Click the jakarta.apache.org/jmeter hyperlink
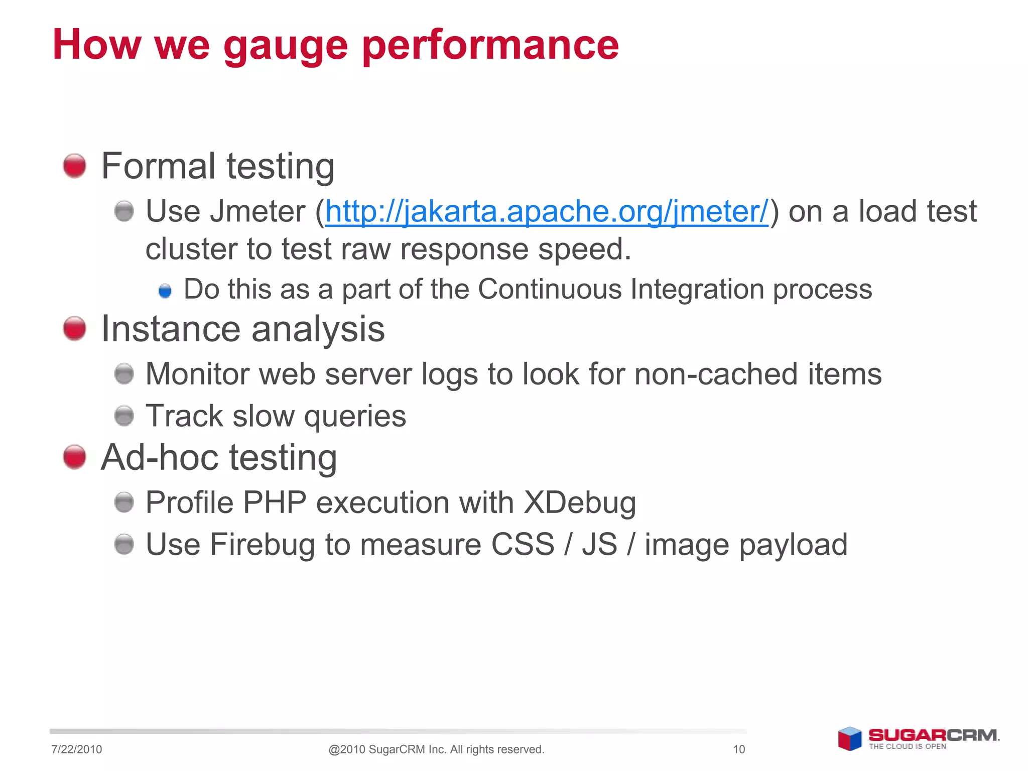[547, 211]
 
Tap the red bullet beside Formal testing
[75, 166]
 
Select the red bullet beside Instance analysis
[75, 329]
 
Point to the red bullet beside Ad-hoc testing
[75, 457]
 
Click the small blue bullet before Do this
[165, 291]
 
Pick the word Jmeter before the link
[258, 211]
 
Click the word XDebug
[580, 502]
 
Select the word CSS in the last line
[523, 545]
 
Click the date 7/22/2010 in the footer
[76, 749]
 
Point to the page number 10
[739, 749]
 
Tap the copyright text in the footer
[436, 749]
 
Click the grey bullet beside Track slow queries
[124, 416]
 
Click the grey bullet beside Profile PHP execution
[124, 502]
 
